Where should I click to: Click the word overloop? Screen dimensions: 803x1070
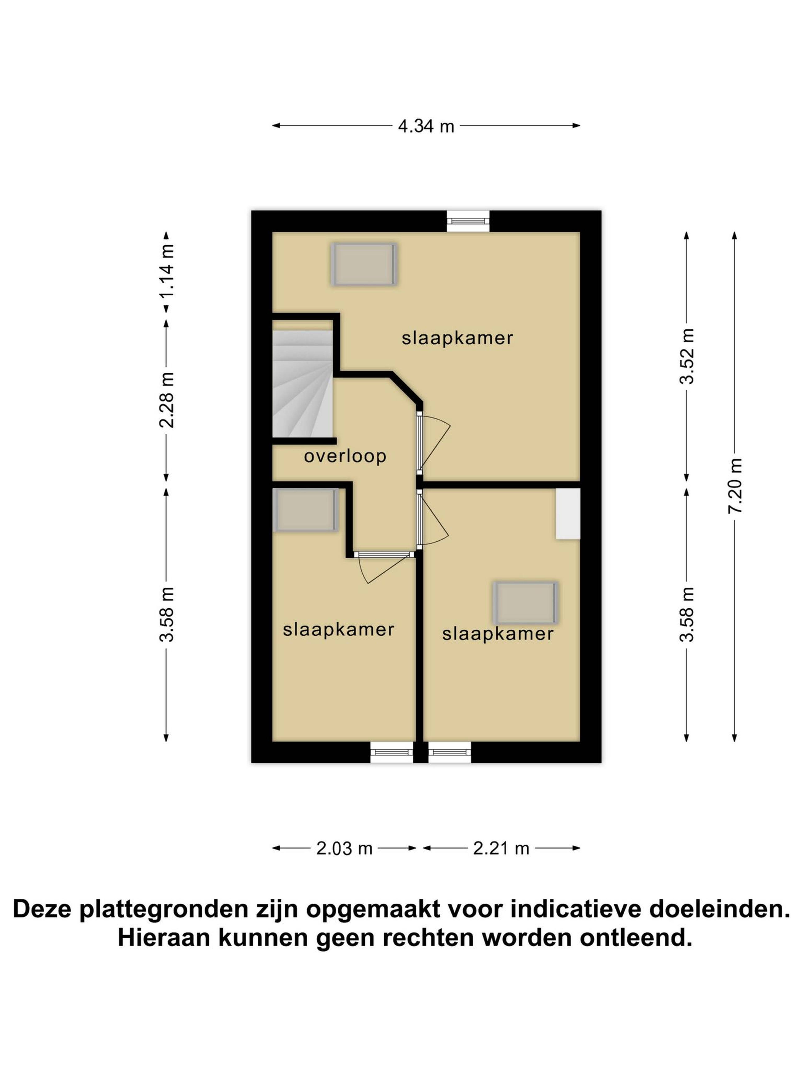[x=345, y=456]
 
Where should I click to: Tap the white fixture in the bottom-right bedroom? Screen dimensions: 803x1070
[x=568, y=513]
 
